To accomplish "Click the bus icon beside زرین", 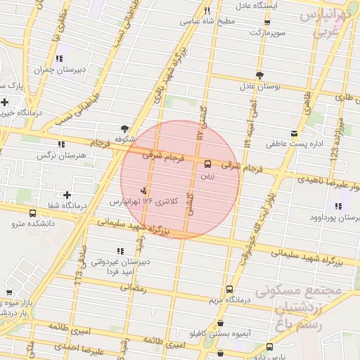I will (x=207, y=164).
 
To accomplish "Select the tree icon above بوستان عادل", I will (x=259, y=75).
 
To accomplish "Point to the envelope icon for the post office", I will (x=294, y=133).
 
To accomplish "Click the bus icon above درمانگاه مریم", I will (x=230, y=289).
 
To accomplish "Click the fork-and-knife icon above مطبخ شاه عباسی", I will (x=207, y=11).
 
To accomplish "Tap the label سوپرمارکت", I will (x=249, y=32).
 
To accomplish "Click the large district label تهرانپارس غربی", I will (x=326, y=23).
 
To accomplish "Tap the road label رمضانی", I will (x=134, y=288).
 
